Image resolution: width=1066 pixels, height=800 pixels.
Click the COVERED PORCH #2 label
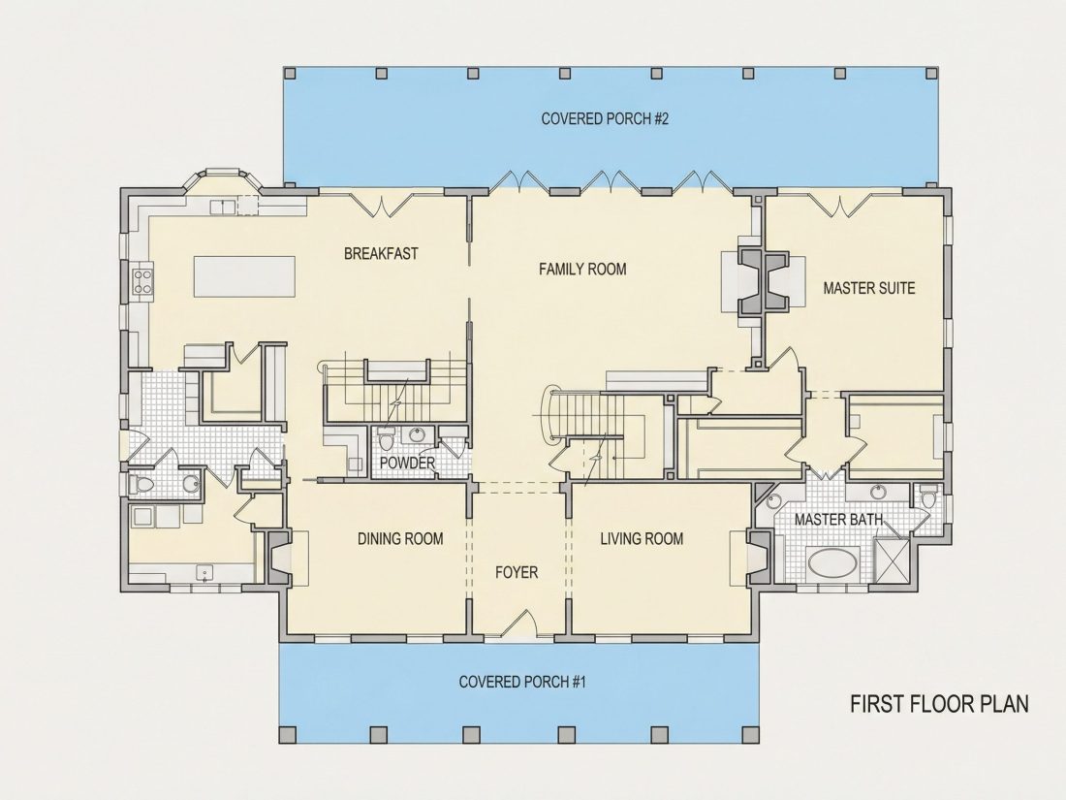(605, 119)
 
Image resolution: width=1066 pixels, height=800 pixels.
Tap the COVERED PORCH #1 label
(522, 682)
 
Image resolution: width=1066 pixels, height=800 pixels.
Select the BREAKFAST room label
(381, 254)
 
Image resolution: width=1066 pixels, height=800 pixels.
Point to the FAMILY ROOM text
(582, 270)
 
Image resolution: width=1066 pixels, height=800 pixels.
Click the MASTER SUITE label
(869, 288)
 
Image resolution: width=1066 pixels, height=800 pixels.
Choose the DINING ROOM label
(400, 539)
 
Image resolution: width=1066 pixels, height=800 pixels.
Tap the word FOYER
(517, 573)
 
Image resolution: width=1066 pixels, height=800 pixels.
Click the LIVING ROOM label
(642, 539)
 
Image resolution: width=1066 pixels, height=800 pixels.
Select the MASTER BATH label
(839, 520)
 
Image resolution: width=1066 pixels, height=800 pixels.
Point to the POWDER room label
(407, 464)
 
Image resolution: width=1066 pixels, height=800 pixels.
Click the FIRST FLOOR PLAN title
(940, 703)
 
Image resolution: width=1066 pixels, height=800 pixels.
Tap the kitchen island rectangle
(245, 276)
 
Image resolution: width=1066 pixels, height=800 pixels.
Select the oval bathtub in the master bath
(832, 562)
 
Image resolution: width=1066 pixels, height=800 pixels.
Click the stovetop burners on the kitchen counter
(142, 281)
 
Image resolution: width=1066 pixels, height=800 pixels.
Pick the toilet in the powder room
(387, 440)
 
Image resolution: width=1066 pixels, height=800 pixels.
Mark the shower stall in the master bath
(892, 560)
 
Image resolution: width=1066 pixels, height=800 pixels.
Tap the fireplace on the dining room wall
(280, 558)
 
